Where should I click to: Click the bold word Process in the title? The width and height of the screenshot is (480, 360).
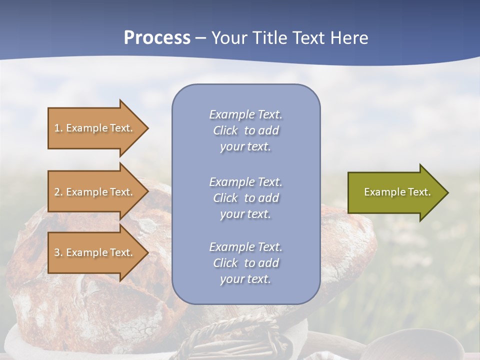(x=157, y=38)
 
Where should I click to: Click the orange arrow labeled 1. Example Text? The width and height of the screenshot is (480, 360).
(x=95, y=128)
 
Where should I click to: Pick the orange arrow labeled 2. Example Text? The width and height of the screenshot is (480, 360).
(x=95, y=192)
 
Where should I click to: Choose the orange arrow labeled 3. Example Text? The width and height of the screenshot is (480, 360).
(x=95, y=252)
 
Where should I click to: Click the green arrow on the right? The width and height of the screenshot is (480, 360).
(x=395, y=192)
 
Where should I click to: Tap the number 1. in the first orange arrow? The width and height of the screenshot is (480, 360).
(x=58, y=128)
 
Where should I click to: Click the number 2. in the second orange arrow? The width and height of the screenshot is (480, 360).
(x=58, y=192)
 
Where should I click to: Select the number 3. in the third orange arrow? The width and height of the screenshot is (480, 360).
(x=58, y=252)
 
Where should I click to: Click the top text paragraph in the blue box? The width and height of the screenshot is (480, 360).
(x=245, y=130)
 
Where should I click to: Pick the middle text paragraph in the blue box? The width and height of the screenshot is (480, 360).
(x=245, y=198)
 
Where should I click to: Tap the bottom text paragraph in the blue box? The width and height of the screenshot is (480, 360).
(x=245, y=263)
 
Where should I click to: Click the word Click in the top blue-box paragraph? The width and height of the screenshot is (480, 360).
(x=225, y=130)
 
